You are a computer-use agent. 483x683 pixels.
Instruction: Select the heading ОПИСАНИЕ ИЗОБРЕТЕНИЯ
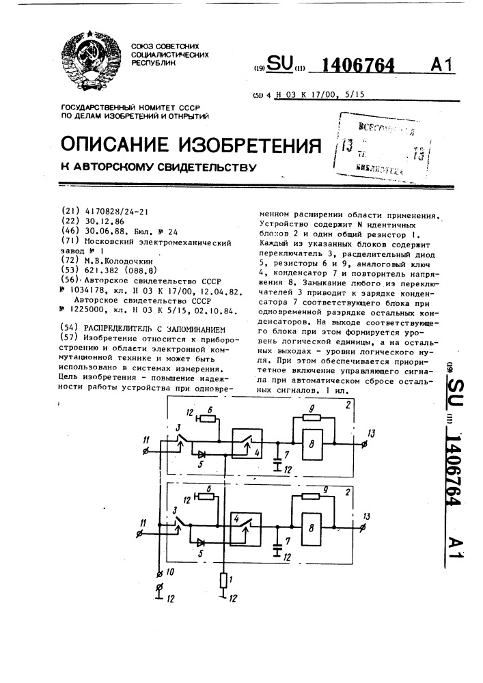click(191, 145)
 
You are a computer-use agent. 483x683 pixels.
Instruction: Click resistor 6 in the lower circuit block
click(203, 497)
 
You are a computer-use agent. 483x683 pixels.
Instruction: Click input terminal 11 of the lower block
click(144, 527)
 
